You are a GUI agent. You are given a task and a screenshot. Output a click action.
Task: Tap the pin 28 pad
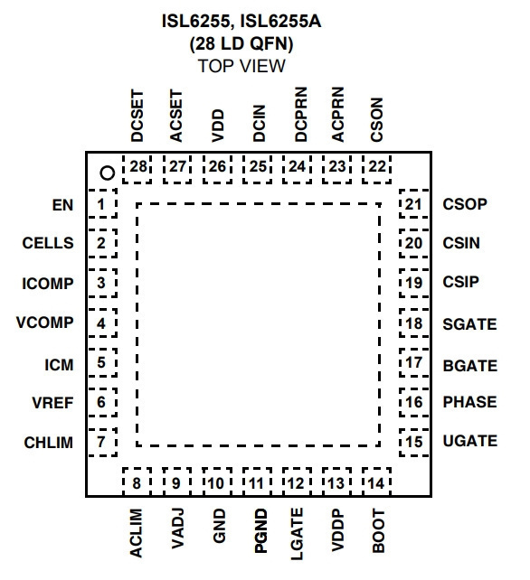(x=137, y=169)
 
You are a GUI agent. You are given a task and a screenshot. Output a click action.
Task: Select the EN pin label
(x=62, y=205)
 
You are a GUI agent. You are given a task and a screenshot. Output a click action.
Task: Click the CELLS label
(x=48, y=243)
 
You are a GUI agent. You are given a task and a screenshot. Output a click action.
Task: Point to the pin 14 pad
(x=376, y=482)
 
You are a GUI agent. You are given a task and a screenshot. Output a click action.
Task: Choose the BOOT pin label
(x=378, y=530)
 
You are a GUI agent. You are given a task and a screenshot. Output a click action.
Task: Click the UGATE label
(x=470, y=441)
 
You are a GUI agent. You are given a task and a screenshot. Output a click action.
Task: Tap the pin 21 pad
(x=414, y=204)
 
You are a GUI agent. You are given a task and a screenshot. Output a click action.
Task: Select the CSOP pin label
(x=465, y=204)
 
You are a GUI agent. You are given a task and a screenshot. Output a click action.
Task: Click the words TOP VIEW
(x=241, y=66)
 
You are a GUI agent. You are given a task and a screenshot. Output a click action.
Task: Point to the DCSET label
(x=137, y=116)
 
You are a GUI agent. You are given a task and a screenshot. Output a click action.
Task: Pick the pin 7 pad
(x=102, y=442)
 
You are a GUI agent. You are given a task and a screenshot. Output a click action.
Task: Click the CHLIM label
(x=49, y=443)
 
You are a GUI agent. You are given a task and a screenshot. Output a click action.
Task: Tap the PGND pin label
(x=260, y=531)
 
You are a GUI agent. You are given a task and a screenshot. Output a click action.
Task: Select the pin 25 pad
(x=258, y=169)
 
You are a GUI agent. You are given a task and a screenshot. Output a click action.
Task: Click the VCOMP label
(x=45, y=323)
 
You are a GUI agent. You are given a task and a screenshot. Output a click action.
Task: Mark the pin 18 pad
(x=414, y=323)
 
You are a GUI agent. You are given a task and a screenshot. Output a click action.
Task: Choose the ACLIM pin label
(x=136, y=533)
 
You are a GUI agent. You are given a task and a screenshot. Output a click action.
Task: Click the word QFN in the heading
(x=271, y=43)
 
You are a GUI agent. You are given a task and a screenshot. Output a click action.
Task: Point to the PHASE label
(x=469, y=402)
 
